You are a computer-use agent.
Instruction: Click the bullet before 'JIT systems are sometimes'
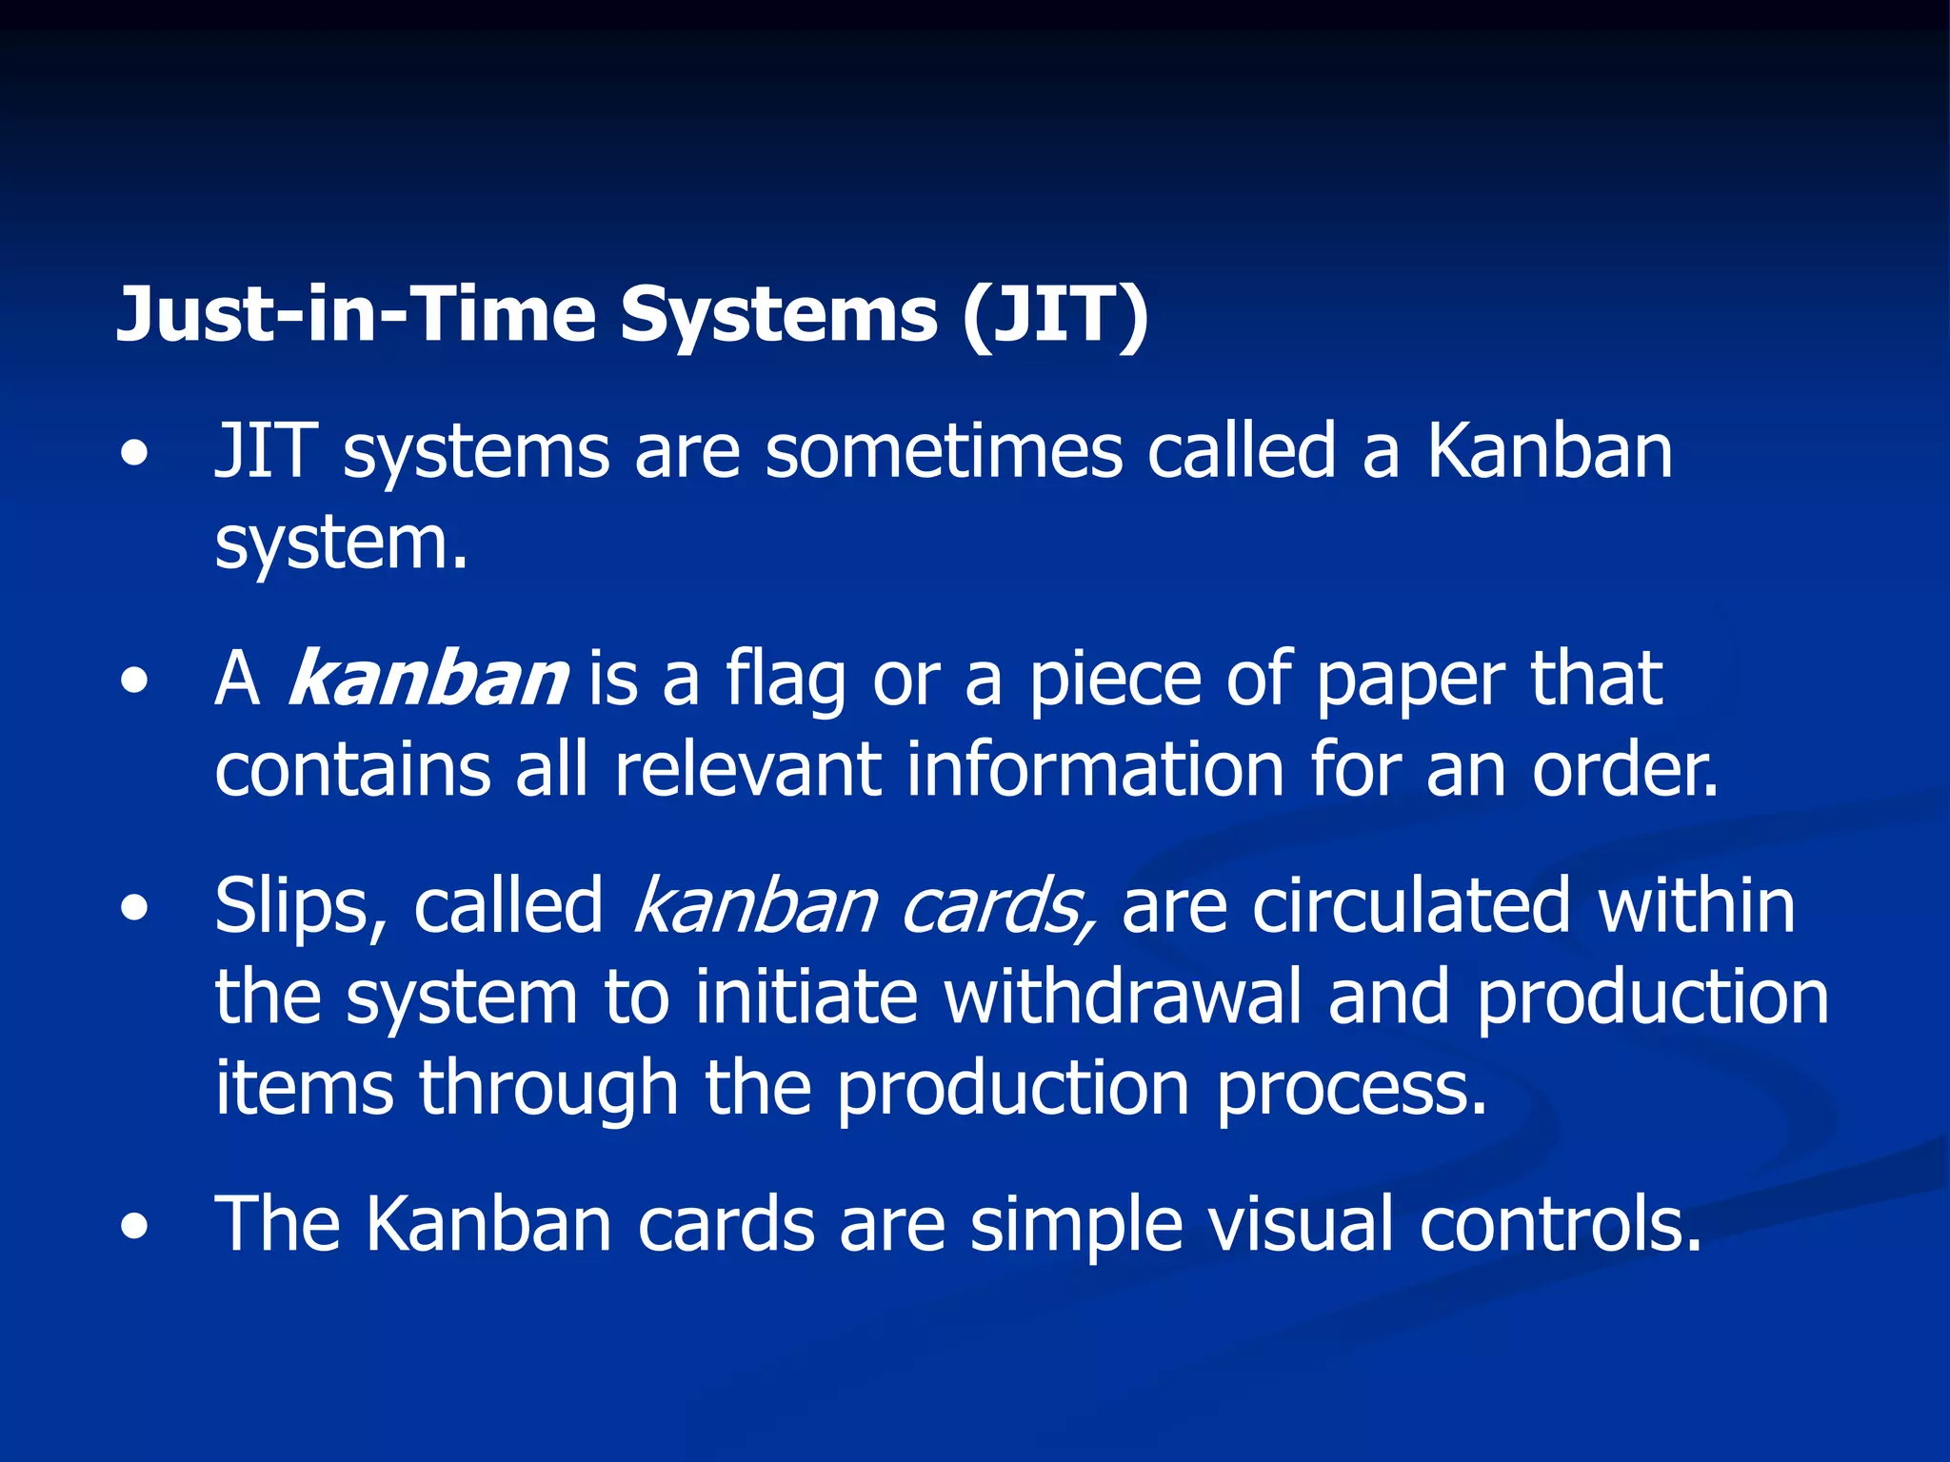pyautogui.click(x=135, y=454)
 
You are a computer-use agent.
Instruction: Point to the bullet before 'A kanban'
pyautogui.click(x=135, y=682)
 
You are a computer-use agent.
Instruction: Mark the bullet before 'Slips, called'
pyautogui.click(x=135, y=908)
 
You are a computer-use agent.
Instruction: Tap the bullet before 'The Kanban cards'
pyautogui.click(x=135, y=1227)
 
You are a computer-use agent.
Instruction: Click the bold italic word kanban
pyautogui.click(x=428, y=679)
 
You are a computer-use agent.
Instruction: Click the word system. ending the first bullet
pyautogui.click(x=341, y=544)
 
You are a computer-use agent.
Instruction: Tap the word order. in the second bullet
pyautogui.click(x=1625, y=769)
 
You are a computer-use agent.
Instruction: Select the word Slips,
pyautogui.click(x=300, y=906)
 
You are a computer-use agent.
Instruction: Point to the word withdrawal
pyautogui.click(x=1123, y=997)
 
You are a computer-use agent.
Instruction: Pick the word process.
pyautogui.click(x=1352, y=1088)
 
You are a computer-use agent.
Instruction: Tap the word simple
pyautogui.click(x=1076, y=1226)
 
